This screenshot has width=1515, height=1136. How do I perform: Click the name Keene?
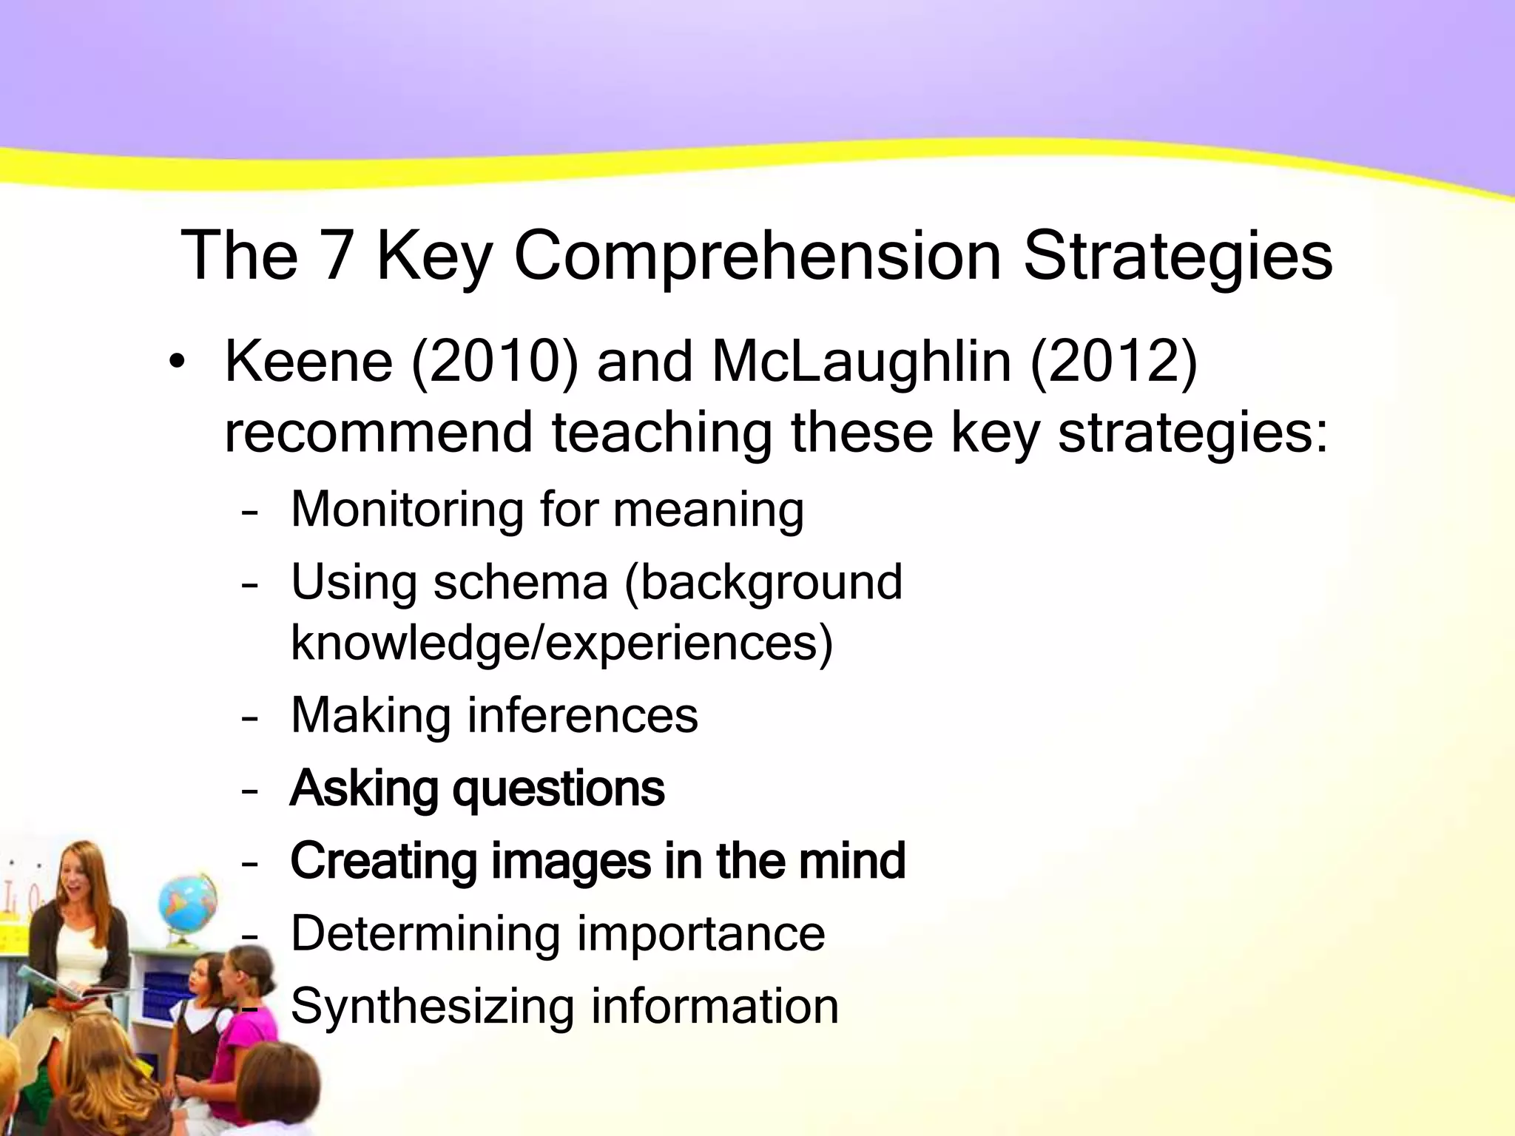point(308,362)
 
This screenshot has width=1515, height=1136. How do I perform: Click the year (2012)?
point(1113,362)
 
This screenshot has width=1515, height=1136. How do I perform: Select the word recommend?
point(378,432)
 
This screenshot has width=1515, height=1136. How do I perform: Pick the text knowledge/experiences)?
point(562,642)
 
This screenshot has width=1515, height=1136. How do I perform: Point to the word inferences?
point(582,715)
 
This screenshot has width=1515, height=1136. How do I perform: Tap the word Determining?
point(425,933)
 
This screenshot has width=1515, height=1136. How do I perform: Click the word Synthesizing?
point(432,1006)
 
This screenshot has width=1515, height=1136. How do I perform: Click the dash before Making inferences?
point(250,717)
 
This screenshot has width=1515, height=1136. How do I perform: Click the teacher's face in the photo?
point(80,873)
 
